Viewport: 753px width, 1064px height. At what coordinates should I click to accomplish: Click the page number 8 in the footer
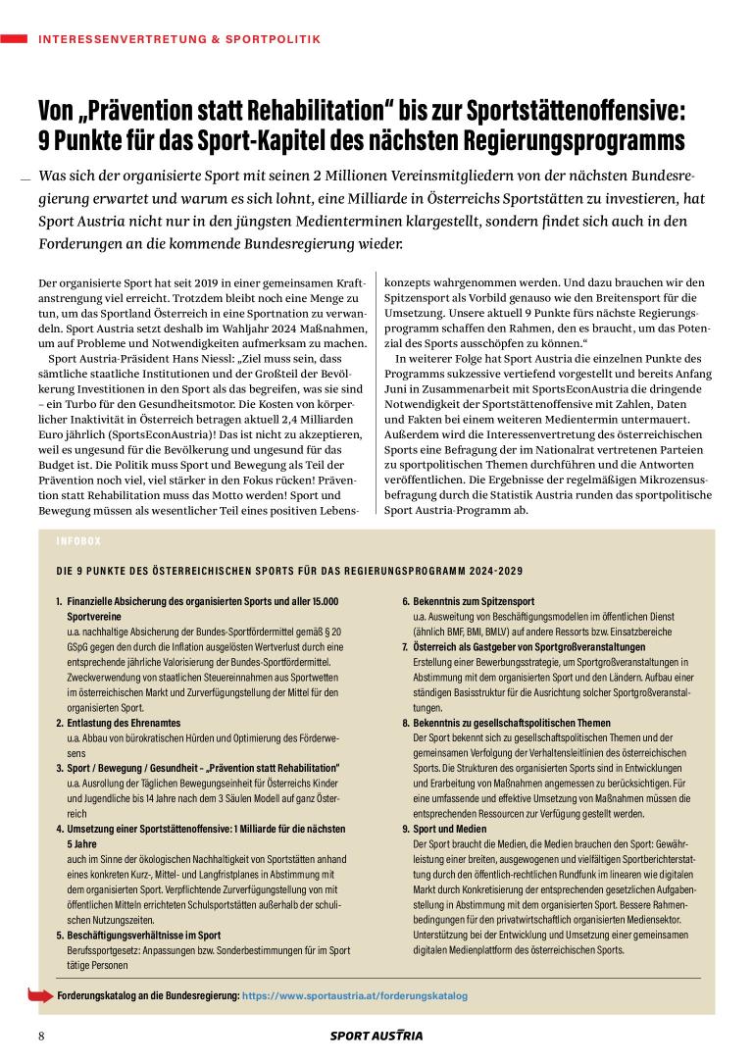coord(42,1036)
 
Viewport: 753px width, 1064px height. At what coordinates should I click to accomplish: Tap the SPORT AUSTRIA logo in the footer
coord(376,1036)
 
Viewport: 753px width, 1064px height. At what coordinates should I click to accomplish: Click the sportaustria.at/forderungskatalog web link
coord(355,995)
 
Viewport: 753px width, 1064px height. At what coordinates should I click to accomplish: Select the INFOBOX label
coord(78,540)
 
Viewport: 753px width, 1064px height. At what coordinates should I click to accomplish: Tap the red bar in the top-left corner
coord(14,39)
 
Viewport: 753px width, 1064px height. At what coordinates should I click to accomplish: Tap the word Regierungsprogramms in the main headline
coord(540,139)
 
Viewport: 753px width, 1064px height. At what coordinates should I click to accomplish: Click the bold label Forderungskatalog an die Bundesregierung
coord(148,995)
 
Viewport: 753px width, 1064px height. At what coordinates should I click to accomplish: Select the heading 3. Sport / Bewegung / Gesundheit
coord(197,766)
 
